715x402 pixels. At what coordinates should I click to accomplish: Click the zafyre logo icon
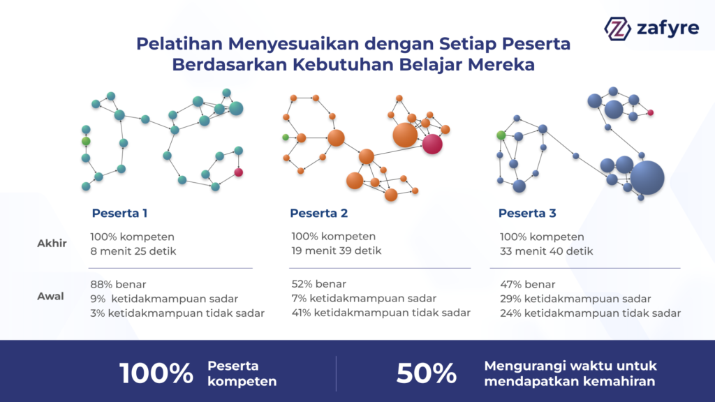(x=617, y=29)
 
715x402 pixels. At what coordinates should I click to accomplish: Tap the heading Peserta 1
(x=119, y=213)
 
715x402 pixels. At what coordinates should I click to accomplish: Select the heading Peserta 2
(x=318, y=213)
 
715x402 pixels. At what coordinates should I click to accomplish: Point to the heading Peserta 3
(x=527, y=213)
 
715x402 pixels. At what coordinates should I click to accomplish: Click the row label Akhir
(x=52, y=244)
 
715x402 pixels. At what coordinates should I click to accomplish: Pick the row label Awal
(x=50, y=296)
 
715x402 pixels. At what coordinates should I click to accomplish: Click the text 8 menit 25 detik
(x=133, y=251)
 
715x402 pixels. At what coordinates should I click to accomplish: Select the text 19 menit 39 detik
(x=337, y=251)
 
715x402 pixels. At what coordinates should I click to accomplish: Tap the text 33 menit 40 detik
(x=546, y=251)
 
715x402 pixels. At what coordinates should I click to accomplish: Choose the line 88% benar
(x=118, y=285)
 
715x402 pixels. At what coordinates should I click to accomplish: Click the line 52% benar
(x=318, y=284)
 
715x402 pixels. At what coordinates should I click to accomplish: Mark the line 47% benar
(x=528, y=285)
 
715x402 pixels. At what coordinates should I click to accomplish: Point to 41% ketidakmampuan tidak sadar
(x=381, y=313)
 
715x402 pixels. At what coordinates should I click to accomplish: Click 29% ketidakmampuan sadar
(x=575, y=299)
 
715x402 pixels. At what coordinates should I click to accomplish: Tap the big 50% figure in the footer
(x=427, y=373)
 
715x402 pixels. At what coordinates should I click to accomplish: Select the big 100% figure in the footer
(x=156, y=373)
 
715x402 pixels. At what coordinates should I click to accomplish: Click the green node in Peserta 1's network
(x=86, y=141)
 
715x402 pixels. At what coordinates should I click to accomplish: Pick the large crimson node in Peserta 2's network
(x=432, y=144)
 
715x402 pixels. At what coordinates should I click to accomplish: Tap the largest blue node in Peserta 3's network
(x=647, y=178)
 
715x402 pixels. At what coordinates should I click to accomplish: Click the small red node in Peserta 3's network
(x=651, y=112)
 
